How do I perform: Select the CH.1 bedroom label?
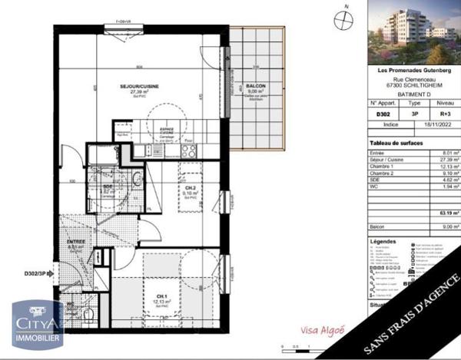tap(161, 296)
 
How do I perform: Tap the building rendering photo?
tap(413, 32)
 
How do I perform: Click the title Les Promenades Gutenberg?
tap(413, 71)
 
